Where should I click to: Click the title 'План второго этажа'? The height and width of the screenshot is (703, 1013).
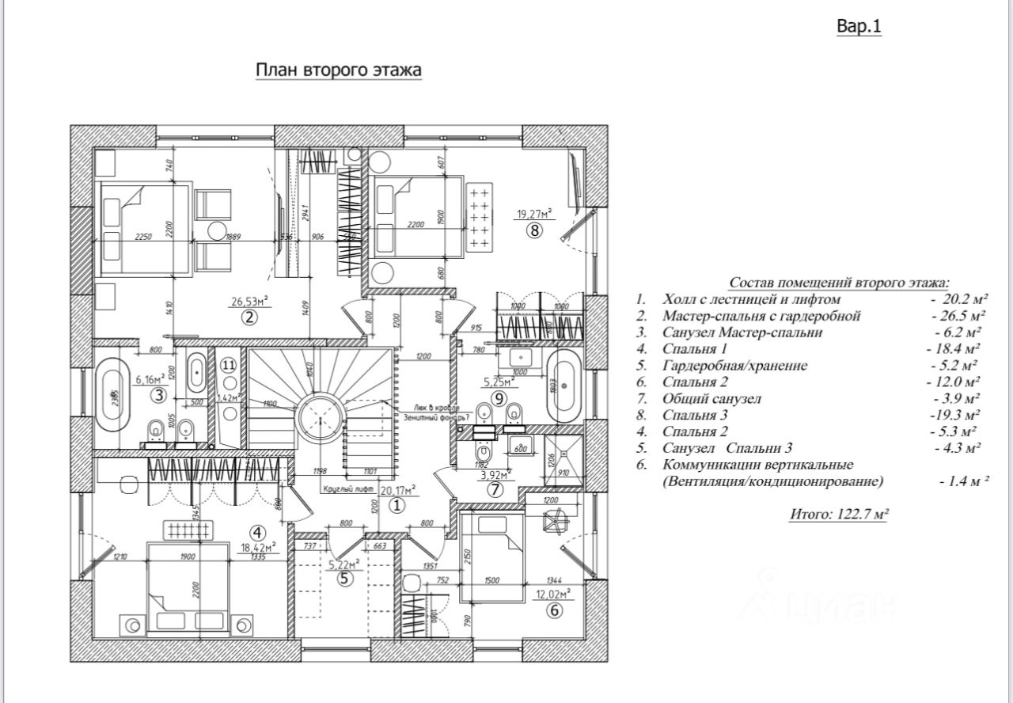[338, 70]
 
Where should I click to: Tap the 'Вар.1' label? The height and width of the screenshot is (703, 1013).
[859, 27]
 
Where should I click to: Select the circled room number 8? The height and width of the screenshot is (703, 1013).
[534, 231]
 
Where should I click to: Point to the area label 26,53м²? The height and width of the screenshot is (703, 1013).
[250, 302]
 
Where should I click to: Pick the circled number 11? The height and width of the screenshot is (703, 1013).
[228, 365]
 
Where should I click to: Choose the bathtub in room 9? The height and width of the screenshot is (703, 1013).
[565, 392]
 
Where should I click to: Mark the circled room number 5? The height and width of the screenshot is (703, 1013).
[343, 578]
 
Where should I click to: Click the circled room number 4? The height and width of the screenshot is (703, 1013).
[256, 532]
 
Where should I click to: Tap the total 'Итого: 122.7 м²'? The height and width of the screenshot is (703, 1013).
[838, 514]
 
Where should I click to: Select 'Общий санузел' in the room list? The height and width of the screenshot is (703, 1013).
[711, 398]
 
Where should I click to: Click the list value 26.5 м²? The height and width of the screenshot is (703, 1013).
[958, 316]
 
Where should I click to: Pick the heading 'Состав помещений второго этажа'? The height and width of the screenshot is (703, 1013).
[839, 283]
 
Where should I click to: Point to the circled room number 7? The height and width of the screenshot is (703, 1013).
[495, 489]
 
